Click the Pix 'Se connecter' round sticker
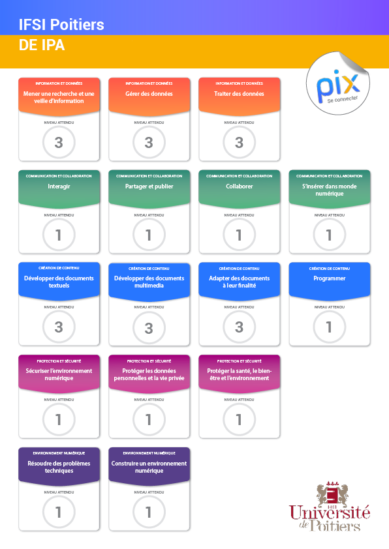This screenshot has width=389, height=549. (x=338, y=83)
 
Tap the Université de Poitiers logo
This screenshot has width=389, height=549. (x=330, y=506)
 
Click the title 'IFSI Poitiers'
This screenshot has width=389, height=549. (x=61, y=25)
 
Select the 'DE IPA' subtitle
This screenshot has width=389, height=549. (x=42, y=45)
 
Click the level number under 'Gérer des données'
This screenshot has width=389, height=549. (x=149, y=143)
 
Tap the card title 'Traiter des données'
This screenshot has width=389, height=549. (x=239, y=94)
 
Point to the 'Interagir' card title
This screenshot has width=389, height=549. (x=59, y=186)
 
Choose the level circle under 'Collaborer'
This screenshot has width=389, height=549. (x=239, y=235)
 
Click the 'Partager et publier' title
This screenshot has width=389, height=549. (x=149, y=186)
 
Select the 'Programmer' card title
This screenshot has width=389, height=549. (x=330, y=278)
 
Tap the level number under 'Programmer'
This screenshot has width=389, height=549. (x=329, y=327)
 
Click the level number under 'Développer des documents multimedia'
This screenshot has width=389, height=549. (x=149, y=328)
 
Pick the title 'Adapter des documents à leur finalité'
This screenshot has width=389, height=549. (x=239, y=282)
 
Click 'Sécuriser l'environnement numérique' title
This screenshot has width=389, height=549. (x=59, y=374)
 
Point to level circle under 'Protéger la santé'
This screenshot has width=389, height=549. (x=239, y=419)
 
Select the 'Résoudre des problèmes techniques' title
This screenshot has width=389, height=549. (x=59, y=467)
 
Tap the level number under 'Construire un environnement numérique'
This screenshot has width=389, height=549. (x=149, y=512)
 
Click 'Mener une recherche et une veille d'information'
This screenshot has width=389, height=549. (x=59, y=97)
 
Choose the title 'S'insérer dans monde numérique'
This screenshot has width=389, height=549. (x=330, y=190)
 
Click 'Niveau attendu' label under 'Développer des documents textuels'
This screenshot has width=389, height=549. (x=59, y=307)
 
